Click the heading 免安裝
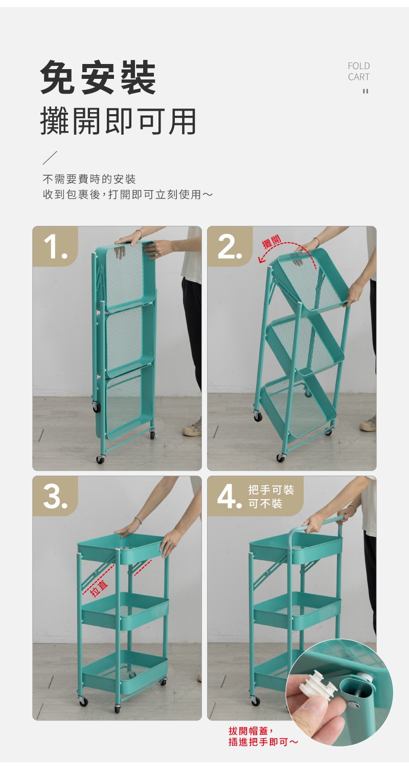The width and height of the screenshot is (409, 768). [x=98, y=77]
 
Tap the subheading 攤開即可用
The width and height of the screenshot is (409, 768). [x=118, y=121]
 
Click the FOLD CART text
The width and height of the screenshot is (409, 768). [x=359, y=71]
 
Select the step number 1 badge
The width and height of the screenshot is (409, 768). [x=55, y=246]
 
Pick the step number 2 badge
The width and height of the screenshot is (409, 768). [x=230, y=246]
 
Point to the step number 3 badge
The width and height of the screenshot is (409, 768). [x=55, y=496]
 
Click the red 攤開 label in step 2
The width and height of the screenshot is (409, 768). [x=272, y=242]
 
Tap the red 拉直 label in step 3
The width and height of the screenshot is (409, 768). [x=99, y=586]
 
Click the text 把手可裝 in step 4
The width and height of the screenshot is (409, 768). [x=271, y=490]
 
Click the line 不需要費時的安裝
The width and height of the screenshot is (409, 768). [x=89, y=179]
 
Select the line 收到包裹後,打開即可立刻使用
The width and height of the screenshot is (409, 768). [x=127, y=195]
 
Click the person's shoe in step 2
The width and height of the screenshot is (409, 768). [x=368, y=424]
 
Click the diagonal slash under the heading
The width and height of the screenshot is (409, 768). [x=50, y=157]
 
